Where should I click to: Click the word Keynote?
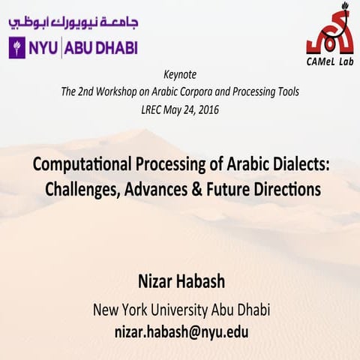coord(179,76)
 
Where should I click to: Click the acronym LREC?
coord(154,109)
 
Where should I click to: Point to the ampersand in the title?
coord(197,189)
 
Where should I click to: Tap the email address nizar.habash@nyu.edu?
coord(180,330)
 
